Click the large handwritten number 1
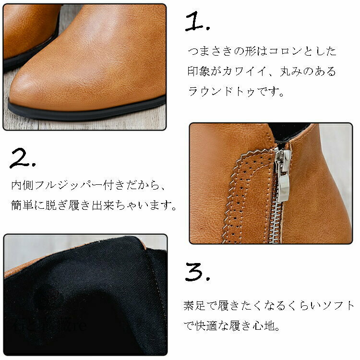[x=195, y=21]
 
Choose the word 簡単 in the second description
[x=22, y=205]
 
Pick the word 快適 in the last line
[x=206, y=326]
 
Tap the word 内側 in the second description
[x=22, y=185]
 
